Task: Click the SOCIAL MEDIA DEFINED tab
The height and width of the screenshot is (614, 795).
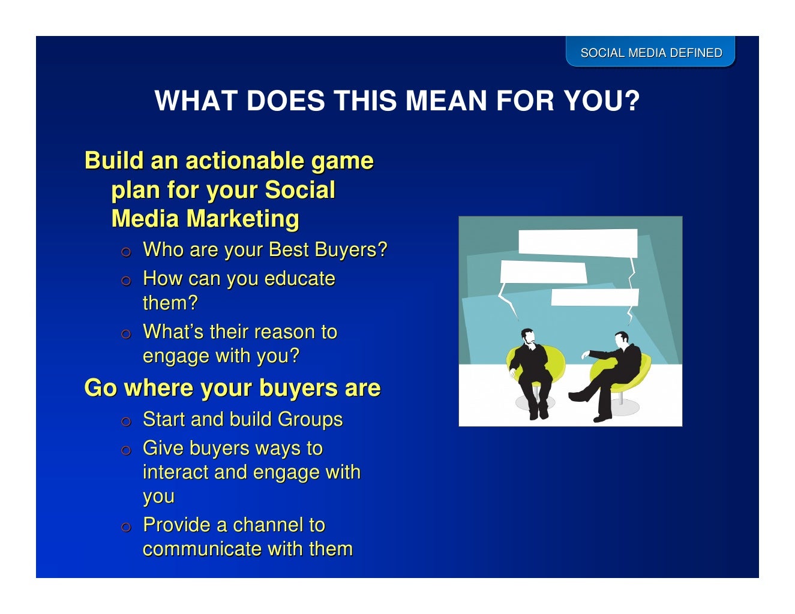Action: tap(651, 53)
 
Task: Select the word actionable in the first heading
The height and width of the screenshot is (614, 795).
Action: tap(244, 161)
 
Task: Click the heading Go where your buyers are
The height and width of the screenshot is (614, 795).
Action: tap(232, 388)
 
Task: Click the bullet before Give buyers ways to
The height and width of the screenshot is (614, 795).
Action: tap(125, 450)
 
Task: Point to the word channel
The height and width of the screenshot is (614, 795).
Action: tap(268, 525)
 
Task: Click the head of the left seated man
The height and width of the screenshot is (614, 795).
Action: tap(527, 336)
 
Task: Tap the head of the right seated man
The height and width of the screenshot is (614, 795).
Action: tap(622, 339)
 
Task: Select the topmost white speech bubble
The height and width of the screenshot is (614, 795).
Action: tap(577, 243)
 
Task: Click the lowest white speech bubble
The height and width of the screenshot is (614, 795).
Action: tap(594, 297)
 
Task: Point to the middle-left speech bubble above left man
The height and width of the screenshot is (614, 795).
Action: tap(542, 272)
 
